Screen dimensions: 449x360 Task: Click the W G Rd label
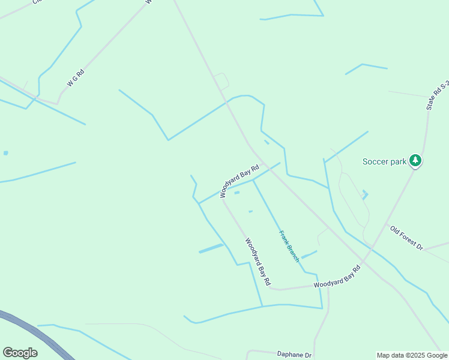[x=76, y=79]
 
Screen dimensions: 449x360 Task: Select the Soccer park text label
[x=384, y=161]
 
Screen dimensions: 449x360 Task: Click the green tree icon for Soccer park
[x=415, y=160]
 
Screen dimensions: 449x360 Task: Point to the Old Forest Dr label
[x=406, y=238]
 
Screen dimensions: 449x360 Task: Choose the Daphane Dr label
[x=294, y=355]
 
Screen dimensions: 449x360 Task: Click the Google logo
[x=20, y=353]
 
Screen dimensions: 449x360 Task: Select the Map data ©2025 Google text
[x=412, y=355]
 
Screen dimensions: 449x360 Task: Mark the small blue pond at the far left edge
[x=5, y=153]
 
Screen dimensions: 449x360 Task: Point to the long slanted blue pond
[x=211, y=248]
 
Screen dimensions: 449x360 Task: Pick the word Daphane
[x=290, y=355]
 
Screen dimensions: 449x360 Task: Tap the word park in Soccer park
[x=397, y=161]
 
